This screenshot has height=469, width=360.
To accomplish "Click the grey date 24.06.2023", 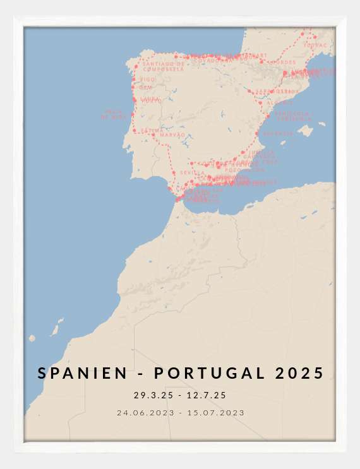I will pos(145,413).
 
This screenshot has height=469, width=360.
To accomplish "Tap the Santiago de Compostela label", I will pos(163,66).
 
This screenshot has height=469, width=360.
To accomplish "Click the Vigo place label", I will pos(148,80).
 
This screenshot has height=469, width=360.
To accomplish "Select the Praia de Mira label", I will pos(116,114).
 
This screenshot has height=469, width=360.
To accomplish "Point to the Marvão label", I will pos(173,135).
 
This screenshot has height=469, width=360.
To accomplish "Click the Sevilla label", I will pos(192,172).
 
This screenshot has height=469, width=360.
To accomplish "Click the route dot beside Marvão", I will pos(153,134).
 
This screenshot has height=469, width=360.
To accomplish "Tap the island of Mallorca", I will pos(306,131).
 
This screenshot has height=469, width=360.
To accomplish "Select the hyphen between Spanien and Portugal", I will pos(138,374).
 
